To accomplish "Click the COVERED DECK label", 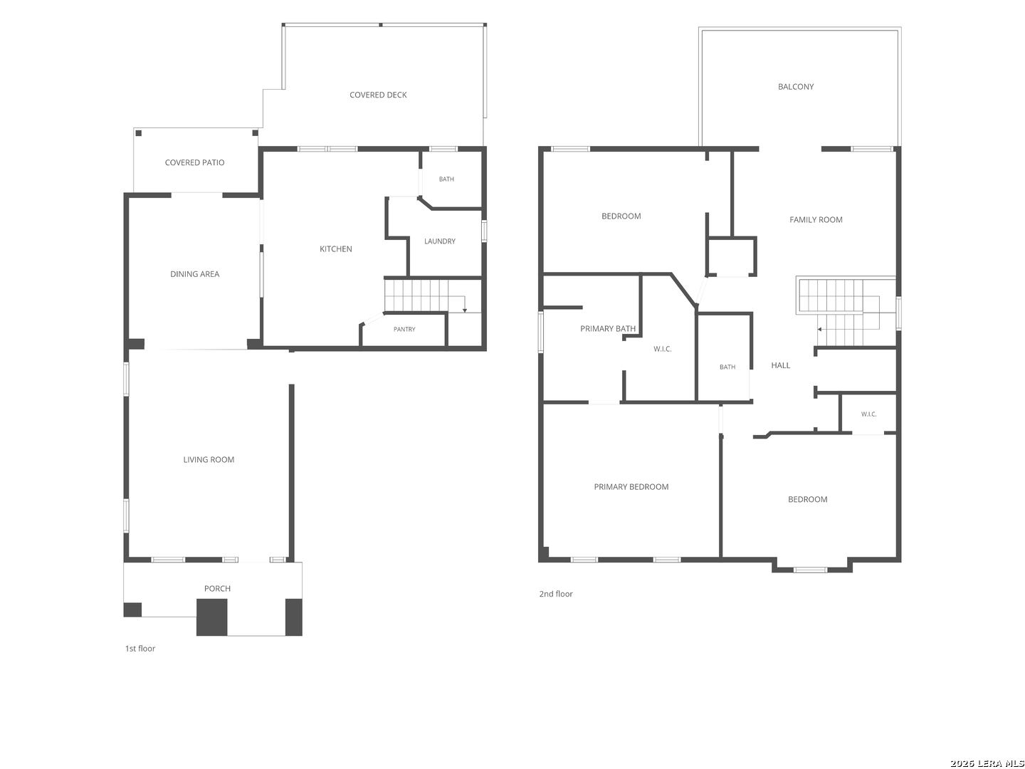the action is pos(378,95).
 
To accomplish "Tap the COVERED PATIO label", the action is pos(194,162).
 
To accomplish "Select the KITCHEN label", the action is pos(335,249).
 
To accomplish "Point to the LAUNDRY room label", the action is pos(439,241).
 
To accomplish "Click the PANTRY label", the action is pos(404,329).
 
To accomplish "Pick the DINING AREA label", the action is pos(194,274).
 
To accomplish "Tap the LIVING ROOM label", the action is pos(209,459).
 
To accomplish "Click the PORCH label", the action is pos(217,588).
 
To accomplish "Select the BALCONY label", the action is pos(795,86).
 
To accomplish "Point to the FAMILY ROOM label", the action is pos(815,219).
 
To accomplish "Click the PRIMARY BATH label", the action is pos(608,329).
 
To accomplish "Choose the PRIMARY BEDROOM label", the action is pos(631,486).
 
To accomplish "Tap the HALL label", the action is pos(780,365).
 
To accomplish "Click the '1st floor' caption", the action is pos(140,648).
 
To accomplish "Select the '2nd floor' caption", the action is pos(555,593).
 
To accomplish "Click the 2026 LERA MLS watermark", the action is pos(987,763).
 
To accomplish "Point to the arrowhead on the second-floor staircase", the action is pos(819,329).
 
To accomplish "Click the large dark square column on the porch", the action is pos(211,617).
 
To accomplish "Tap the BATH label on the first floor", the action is pos(446,179).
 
